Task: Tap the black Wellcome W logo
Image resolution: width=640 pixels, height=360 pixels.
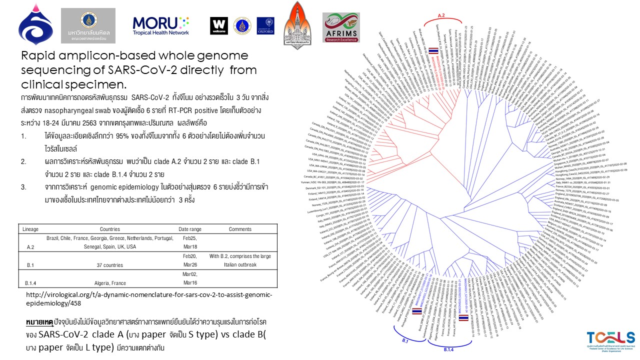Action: [x=218, y=25]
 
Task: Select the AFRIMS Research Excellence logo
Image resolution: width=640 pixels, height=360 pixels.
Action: [x=341, y=27]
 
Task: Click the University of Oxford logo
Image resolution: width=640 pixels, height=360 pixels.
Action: [x=265, y=25]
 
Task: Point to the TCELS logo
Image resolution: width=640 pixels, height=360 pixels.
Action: [x=611, y=340]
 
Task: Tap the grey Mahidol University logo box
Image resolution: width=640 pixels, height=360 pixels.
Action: [x=88, y=25]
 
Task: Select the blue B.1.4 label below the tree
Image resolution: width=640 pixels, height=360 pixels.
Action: [x=448, y=350]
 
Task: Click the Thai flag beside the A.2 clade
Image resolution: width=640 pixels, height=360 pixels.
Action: [x=434, y=50]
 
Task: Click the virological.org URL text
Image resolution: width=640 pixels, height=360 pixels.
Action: [x=148, y=298]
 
